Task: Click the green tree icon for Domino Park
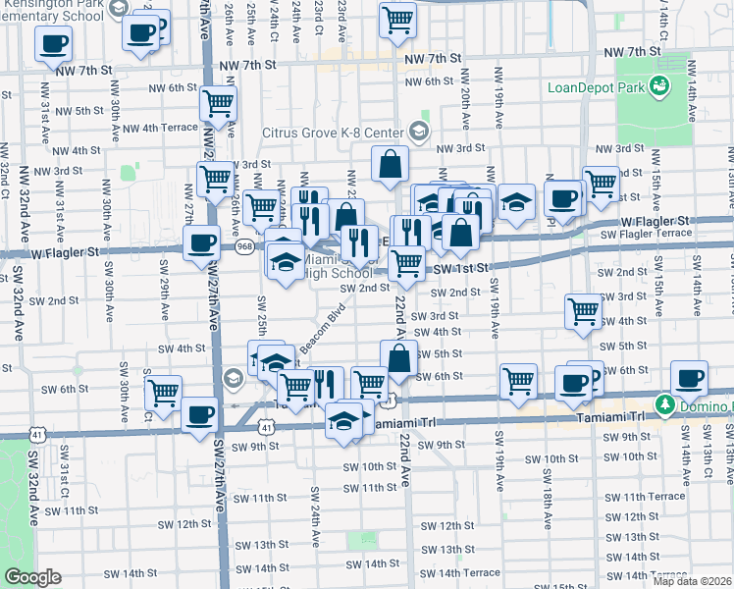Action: (664, 404)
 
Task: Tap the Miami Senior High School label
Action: (338, 266)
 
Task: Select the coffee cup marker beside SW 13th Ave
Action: (689, 377)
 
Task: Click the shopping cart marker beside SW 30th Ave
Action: (164, 392)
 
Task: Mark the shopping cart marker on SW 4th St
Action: (584, 309)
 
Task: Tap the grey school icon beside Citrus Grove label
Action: (419, 132)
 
